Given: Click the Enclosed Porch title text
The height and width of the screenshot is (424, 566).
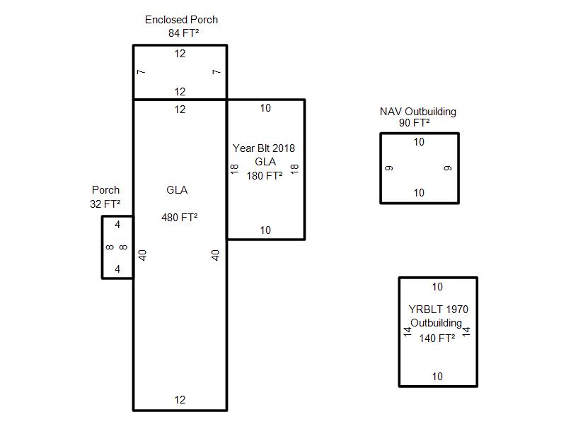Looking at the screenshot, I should (181, 20).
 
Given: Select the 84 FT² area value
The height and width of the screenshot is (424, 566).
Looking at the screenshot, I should (181, 33).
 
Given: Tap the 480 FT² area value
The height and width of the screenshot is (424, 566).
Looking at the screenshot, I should (180, 218).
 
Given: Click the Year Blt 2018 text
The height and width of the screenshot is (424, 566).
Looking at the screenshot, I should (264, 148).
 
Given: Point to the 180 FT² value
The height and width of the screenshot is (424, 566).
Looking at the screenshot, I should (265, 176).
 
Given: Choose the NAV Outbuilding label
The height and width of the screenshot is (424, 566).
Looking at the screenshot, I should (417, 112).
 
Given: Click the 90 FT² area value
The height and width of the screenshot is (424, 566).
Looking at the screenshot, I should (414, 123).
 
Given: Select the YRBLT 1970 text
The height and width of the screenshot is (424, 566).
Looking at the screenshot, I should (438, 310).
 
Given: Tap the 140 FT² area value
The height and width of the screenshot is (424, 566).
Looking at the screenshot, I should (437, 338).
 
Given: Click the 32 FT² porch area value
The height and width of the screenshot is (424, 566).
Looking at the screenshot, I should (105, 204).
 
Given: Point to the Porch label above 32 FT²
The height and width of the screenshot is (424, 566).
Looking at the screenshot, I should (106, 190).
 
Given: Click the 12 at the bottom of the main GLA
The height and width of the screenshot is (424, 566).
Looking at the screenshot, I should (180, 400).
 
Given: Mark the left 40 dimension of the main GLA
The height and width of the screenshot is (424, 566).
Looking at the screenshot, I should (142, 254).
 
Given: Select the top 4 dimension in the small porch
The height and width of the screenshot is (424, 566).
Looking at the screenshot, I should (117, 225).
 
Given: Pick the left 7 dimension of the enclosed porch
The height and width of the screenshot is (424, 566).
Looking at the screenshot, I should (141, 72).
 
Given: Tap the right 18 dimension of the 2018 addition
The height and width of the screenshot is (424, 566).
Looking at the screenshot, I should (295, 169).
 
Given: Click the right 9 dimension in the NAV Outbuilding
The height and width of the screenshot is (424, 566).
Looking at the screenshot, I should (448, 168).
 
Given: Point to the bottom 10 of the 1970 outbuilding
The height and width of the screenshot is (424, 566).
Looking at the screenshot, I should (437, 377).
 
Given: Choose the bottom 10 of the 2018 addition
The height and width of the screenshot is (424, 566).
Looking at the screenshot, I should (265, 230).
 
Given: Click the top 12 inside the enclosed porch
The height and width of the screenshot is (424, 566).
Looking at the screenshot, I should (180, 54).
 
